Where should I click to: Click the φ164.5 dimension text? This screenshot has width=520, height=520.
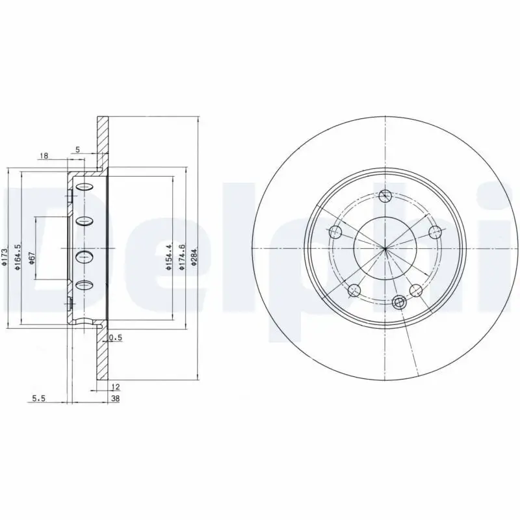(x=18, y=255)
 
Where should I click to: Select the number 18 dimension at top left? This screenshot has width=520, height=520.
(x=44, y=155)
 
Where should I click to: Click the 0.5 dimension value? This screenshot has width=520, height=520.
(x=116, y=337)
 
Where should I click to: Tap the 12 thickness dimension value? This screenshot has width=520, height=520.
(x=116, y=386)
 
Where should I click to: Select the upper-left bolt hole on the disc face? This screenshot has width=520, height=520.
(x=335, y=232)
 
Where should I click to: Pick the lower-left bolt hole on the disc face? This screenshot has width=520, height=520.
(x=354, y=290)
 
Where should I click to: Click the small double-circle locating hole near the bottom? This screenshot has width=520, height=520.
(x=400, y=302)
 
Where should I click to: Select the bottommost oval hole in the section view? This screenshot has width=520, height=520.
(x=85, y=285)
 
